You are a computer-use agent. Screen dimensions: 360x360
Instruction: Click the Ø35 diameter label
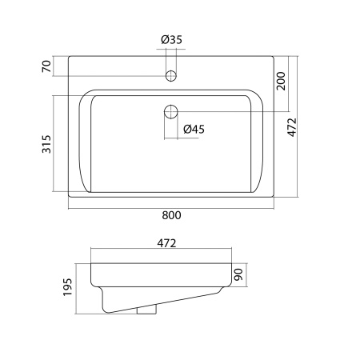coord(171,40)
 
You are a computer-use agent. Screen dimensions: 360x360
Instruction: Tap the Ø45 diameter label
coord(194,130)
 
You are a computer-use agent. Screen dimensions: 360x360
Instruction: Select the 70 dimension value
coord(46,66)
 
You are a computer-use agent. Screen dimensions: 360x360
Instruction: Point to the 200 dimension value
coord(281,81)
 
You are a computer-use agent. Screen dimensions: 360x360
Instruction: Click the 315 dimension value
coord(46,144)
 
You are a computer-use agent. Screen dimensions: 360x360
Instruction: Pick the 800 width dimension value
coord(171,215)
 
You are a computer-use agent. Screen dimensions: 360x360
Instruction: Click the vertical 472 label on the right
coord(292,127)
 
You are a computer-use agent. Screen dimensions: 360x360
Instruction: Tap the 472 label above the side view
coord(166,243)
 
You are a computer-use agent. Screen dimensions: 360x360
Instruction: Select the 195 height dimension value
coord(68,287)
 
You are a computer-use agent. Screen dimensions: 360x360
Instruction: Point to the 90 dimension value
coord(238,274)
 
